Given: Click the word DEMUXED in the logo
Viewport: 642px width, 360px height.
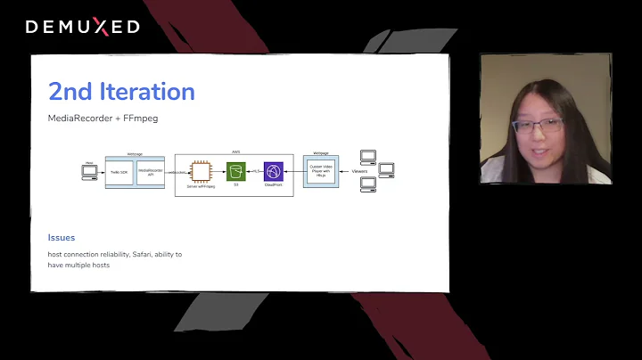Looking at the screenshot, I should click(82, 27).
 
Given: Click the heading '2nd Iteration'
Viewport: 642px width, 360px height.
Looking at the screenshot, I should click(121, 91).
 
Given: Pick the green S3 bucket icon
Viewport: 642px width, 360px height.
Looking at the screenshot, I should click(236, 168).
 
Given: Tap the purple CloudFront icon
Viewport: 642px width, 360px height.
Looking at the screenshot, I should click(273, 168).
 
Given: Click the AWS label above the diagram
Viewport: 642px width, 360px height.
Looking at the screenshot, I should click(235, 151).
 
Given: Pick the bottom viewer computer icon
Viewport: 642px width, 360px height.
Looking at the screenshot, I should click(367, 185).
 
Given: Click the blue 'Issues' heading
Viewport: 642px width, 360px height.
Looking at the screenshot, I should click(62, 238).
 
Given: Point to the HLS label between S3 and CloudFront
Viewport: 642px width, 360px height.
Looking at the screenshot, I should click(255, 169).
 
